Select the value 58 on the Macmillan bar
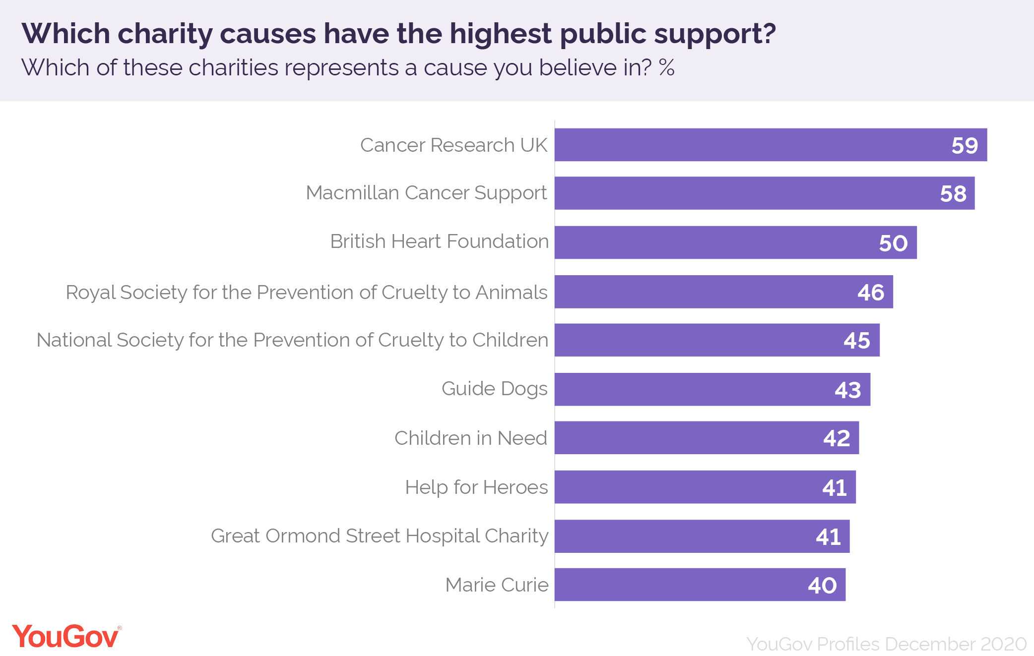[953, 193]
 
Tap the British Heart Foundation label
[439, 241]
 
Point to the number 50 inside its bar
[893, 243]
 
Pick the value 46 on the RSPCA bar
[871, 292]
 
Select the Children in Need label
[470, 438]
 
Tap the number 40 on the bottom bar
[822, 586]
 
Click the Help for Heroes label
[476, 487]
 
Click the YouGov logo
[66, 637]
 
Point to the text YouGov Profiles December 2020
[886, 644]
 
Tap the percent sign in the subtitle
[666, 67]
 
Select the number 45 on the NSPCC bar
[857, 341]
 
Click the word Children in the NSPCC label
[510, 340]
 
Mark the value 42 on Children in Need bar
[837, 438]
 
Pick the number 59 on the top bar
[965, 145]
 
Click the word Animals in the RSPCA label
[512, 292]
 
